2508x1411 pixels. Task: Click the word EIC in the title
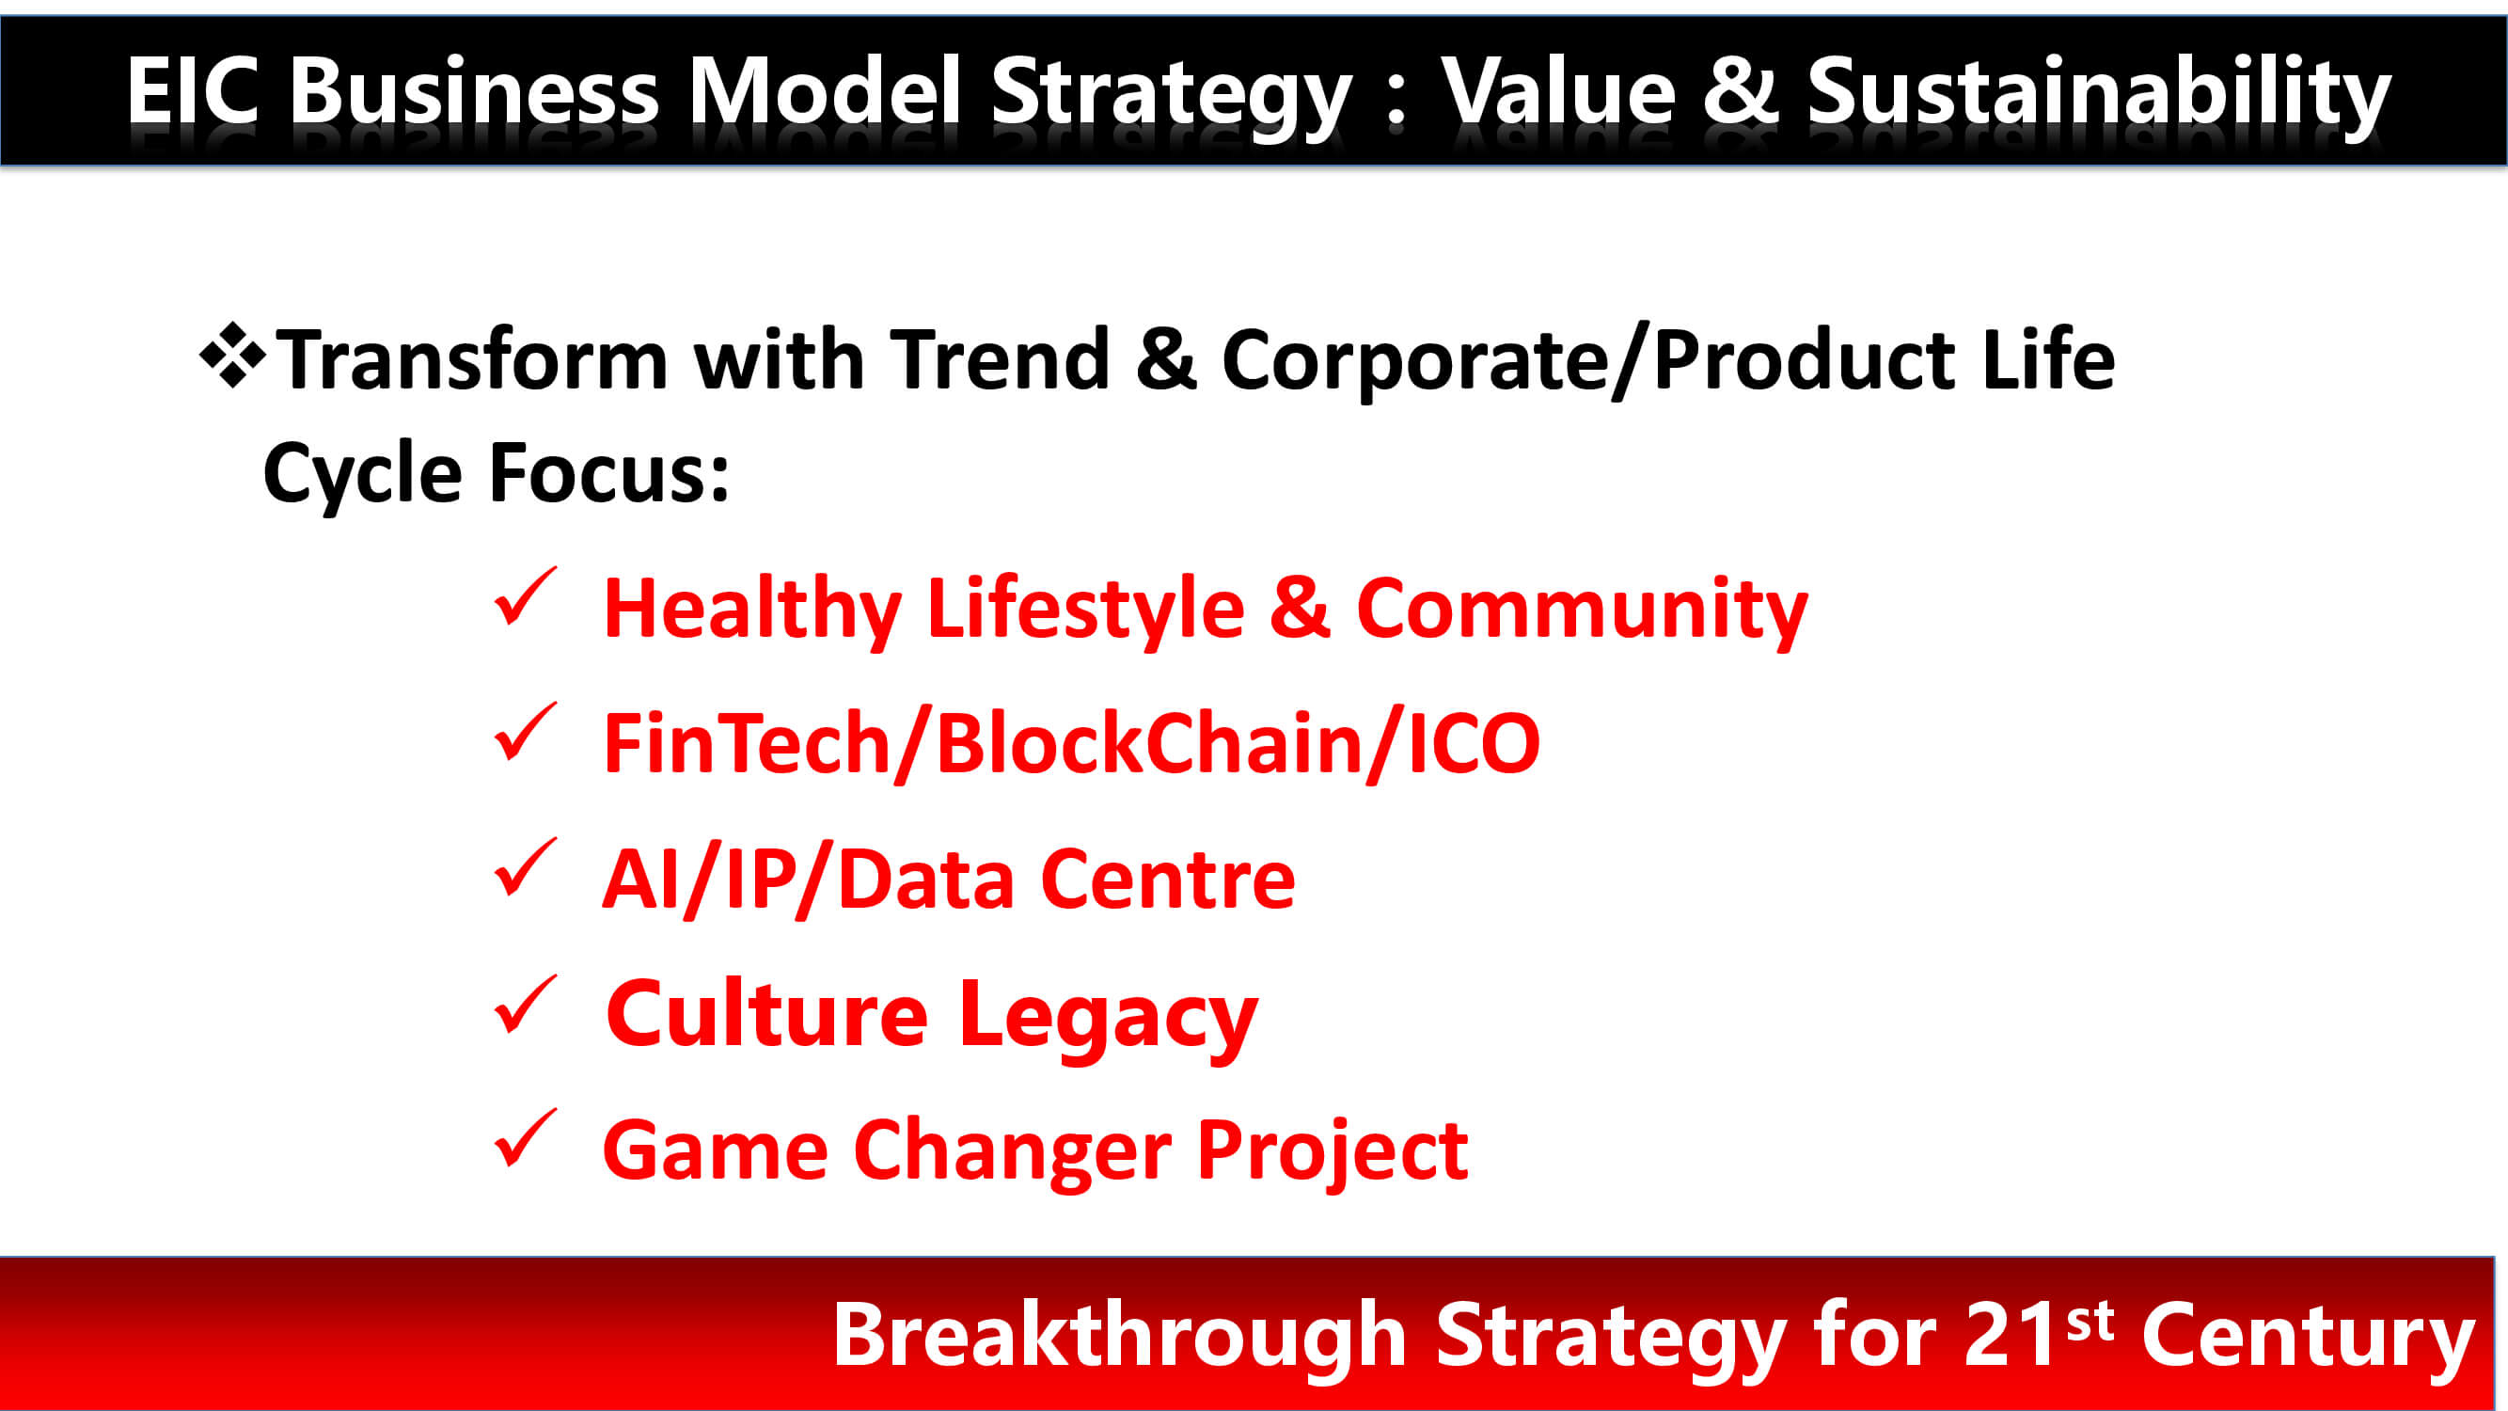193,90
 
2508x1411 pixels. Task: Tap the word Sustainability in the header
2099,96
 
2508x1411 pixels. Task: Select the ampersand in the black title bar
1740,90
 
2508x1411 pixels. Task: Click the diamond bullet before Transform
231,355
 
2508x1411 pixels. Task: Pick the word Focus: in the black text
609,473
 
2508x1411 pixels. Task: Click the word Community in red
1582,610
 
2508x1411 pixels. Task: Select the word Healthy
752,610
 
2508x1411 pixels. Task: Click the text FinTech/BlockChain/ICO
1072,744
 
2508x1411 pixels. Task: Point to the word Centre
1168,880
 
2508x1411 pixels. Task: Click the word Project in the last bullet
1332,1153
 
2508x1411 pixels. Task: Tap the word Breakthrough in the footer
1120,1335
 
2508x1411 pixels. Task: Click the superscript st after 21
2090,1322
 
